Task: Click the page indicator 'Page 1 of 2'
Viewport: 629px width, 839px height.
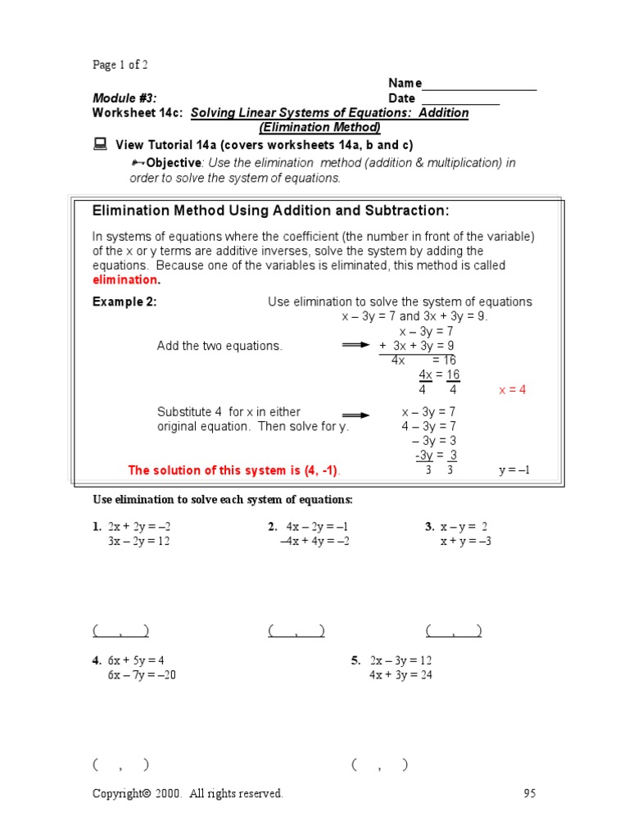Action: click(x=120, y=65)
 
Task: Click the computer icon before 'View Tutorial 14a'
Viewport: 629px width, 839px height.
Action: click(x=100, y=144)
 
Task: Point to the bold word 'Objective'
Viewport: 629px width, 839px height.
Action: click(x=173, y=162)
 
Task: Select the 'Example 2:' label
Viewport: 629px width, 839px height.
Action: click(x=124, y=302)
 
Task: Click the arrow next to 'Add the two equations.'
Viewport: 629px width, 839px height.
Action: click(x=356, y=346)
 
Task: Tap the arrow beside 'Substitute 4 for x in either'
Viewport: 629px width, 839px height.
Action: click(x=356, y=415)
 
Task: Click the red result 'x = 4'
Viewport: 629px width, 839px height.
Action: click(x=513, y=390)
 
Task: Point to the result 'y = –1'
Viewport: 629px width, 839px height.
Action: click(x=515, y=470)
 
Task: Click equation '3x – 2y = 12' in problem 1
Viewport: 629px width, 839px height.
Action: click(x=138, y=542)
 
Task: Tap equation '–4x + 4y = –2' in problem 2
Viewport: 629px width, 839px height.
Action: click(x=314, y=542)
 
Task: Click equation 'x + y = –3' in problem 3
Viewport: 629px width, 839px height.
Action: click(x=465, y=542)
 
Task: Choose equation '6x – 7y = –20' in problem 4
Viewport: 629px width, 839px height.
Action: click(x=142, y=675)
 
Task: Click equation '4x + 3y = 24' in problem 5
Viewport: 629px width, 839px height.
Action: click(x=400, y=675)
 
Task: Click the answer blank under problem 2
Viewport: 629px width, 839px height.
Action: click(x=296, y=631)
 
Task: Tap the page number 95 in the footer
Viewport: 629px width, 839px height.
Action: click(x=529, y=793)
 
